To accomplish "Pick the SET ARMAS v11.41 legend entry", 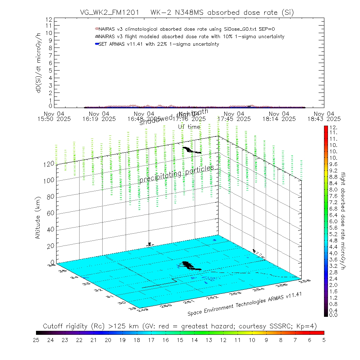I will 158,44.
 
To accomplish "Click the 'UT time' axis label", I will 189,126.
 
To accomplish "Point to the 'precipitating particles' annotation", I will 176,174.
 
